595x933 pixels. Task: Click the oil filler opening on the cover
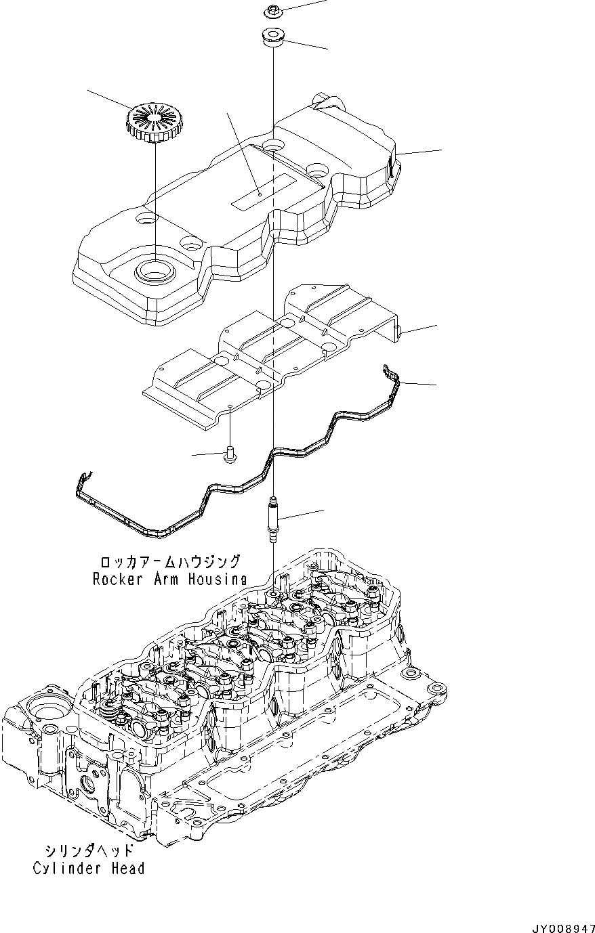point(153,272)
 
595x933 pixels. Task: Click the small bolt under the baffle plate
point(229,455)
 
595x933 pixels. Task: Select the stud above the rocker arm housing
point(273,519)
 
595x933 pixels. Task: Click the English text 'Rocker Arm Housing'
point(169,580)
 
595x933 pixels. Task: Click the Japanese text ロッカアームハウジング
point(169,562)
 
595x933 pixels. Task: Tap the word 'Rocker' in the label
point(115,580)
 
